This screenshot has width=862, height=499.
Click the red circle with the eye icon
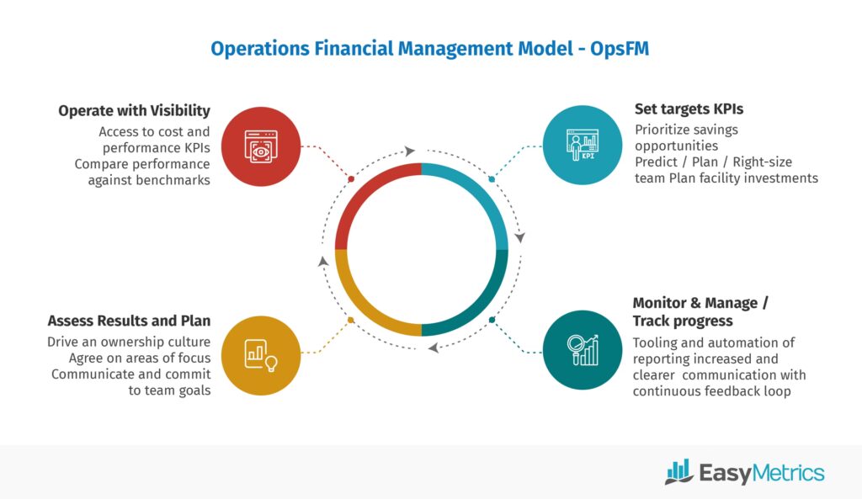261,146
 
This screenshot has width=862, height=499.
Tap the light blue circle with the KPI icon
583,145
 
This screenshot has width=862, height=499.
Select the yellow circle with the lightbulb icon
261,356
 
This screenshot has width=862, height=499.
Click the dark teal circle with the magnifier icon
583,350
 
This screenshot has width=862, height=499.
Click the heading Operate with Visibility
134,111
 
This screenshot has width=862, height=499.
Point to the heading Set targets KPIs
689,109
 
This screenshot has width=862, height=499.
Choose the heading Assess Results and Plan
129,321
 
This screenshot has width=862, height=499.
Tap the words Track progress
683,321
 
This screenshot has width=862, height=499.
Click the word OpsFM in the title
620,48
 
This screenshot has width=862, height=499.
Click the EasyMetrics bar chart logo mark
679,471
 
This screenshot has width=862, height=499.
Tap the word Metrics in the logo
788,473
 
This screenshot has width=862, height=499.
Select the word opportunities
676,146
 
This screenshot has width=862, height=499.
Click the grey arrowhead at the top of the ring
410,151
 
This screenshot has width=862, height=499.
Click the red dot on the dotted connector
351,179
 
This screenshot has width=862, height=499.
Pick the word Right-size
763,162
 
